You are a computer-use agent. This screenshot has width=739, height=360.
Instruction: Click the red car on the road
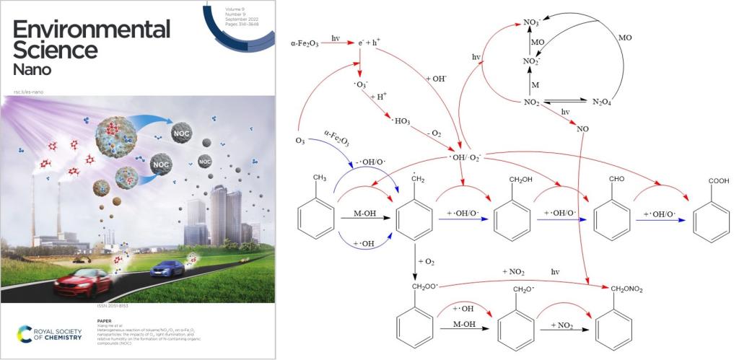84,280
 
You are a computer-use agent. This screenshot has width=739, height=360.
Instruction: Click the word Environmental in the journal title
91,30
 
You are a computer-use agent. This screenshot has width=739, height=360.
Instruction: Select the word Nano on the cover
32,70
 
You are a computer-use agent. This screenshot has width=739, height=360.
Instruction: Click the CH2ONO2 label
626,289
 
